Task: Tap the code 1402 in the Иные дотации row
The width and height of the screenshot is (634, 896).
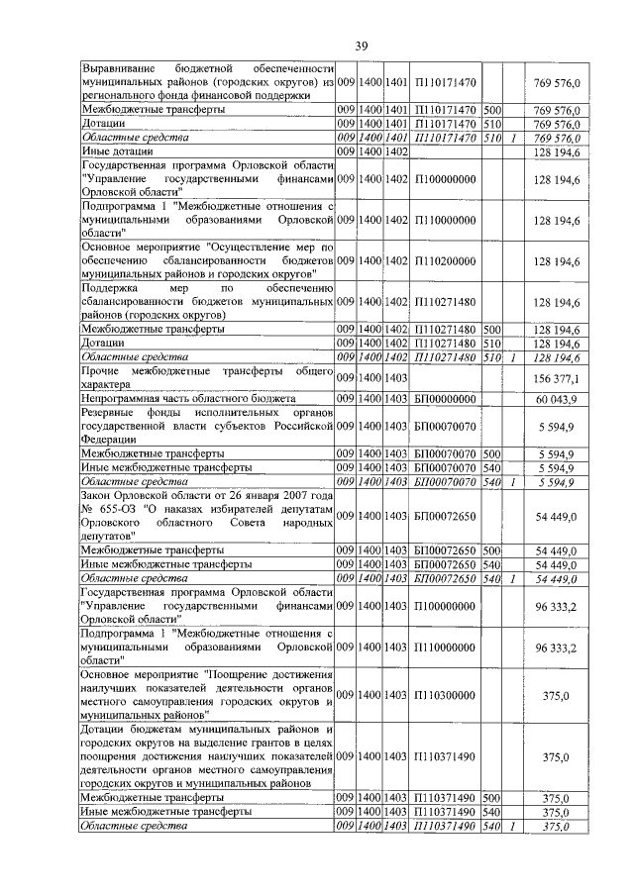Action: tap(396, 151)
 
